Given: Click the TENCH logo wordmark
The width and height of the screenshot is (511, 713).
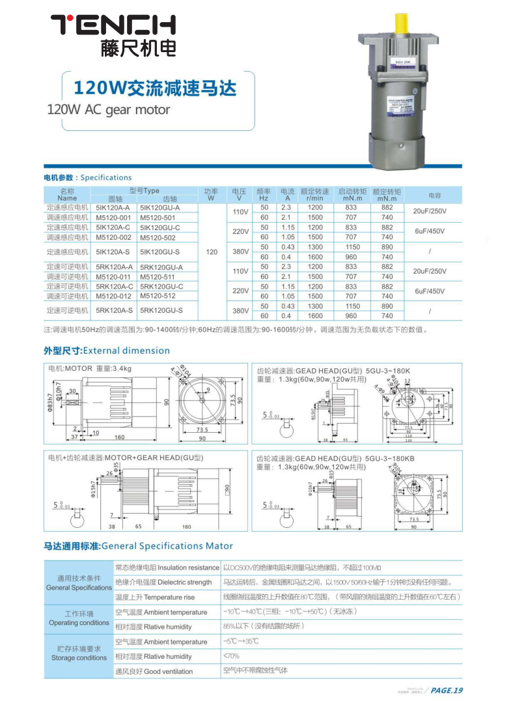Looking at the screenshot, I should coord(113,25).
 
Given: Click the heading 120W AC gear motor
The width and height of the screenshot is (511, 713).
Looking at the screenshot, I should coord(109,109).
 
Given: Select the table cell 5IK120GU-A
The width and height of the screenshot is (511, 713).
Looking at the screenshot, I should coord(159,207).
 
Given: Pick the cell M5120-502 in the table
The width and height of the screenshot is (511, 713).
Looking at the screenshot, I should coord(158,237).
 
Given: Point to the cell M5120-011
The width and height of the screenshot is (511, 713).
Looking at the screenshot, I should coord(114,276).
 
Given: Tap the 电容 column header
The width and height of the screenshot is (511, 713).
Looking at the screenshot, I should coord(434,195).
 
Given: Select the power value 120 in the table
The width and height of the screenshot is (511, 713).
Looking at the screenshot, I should coord(211,252).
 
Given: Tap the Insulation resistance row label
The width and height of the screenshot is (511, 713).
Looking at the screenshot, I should coord(167,568).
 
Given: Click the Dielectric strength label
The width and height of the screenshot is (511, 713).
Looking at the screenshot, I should coord(163,582).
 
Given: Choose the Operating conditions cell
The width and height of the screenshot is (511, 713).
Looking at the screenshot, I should coord(79,618).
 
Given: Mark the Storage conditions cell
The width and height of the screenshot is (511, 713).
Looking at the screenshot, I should coord(79,654).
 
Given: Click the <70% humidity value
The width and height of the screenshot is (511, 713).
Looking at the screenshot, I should coord(232,656).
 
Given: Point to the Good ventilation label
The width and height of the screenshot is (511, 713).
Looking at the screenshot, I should coord(154,671).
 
